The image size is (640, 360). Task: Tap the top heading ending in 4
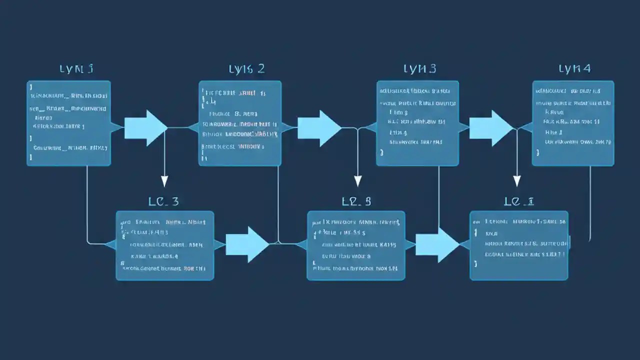[x=574, y=69]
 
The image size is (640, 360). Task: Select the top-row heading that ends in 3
[x=419, y=69]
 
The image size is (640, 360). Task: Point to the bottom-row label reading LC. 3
[x=163, y=201]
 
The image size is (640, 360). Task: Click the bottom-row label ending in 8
[x=356, y=201]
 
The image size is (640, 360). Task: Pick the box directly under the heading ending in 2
[x=240, y=123]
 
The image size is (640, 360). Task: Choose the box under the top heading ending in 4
[x=573, y=123]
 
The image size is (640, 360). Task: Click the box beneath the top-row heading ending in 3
[x=417, y=123]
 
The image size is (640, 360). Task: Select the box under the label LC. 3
[x=165, y=245]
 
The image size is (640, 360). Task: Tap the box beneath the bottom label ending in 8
[x=356, y=245]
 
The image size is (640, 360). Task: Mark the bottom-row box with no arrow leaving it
[x=519, y=245]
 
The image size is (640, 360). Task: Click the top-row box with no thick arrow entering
[x=68, y=123]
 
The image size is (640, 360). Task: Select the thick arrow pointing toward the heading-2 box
[x=145, y=128]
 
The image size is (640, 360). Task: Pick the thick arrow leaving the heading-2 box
[x=319, y=128]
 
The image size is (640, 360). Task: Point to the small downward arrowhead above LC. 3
[x=164, y=181]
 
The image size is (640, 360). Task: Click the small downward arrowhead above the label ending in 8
[x=357, y=181]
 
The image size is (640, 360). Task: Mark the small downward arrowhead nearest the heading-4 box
[x=517, y=181]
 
